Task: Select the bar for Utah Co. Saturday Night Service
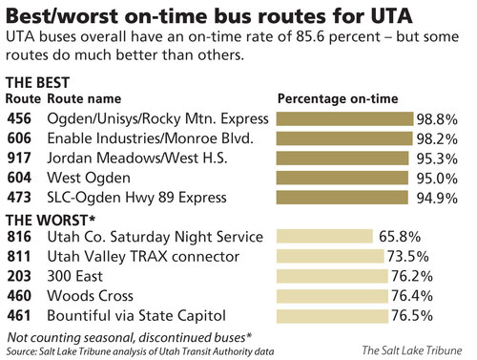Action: pyautogui.click(x=322, y=237)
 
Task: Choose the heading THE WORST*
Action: pyautogui.click(x=44, y=219)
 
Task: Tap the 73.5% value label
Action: pyautogui.click(x=423, y=257)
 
